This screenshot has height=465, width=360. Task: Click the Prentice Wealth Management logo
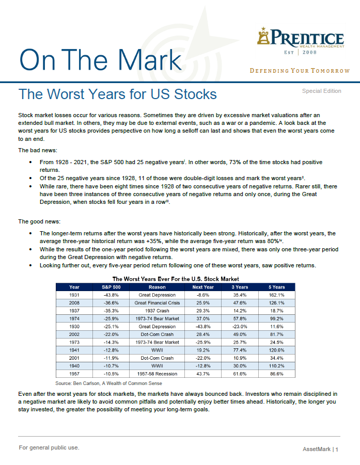pyautogui.click(x=301, y=41)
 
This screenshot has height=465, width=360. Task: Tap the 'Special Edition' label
pyautogui.click(x=321, y=91)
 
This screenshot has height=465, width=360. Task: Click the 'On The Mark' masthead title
pyautogui.click(x=100, y=60)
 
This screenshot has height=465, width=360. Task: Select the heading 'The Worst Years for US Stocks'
pyautogui.click(x=118, y=94)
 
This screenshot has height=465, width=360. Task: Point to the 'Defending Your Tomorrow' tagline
pyautogui.click(x=300, y=71)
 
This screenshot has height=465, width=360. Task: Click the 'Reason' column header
pyautogui.click(x=157, y=287)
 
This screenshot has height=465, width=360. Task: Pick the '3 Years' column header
pyautogui.click(x=240, y=287)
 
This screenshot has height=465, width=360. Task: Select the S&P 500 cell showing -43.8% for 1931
pyautogui.click(x=111, y=295)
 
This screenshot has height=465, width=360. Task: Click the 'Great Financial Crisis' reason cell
pyautogui.click(x=157, y=303)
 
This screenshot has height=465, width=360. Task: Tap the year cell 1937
pyautogui.click(x=74, y=311)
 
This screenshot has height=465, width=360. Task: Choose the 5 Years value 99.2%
pyautogui.click(x=277, y=318)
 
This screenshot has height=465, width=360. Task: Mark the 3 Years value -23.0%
pyautogui.click(x=240, y=327)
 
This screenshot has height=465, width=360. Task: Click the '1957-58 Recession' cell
pyautogui.click(x=157, y=374)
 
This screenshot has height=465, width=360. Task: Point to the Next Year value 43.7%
pyautogui.click(x=203, y=374)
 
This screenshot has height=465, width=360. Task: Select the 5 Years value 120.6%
pyautogui.click(x=277, y=350)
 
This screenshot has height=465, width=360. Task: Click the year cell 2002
pyautogui.click(x=74, y=334)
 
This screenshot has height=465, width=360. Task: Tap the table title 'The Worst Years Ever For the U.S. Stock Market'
pyautogui.click(x=176, y=279)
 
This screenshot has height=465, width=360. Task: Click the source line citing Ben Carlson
pyautogui.click(x=108, y=383)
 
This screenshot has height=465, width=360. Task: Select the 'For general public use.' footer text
pyautogui.click(x=49, y=447)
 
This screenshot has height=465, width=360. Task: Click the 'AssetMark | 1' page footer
pyautogui.click(x=320, y=450)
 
